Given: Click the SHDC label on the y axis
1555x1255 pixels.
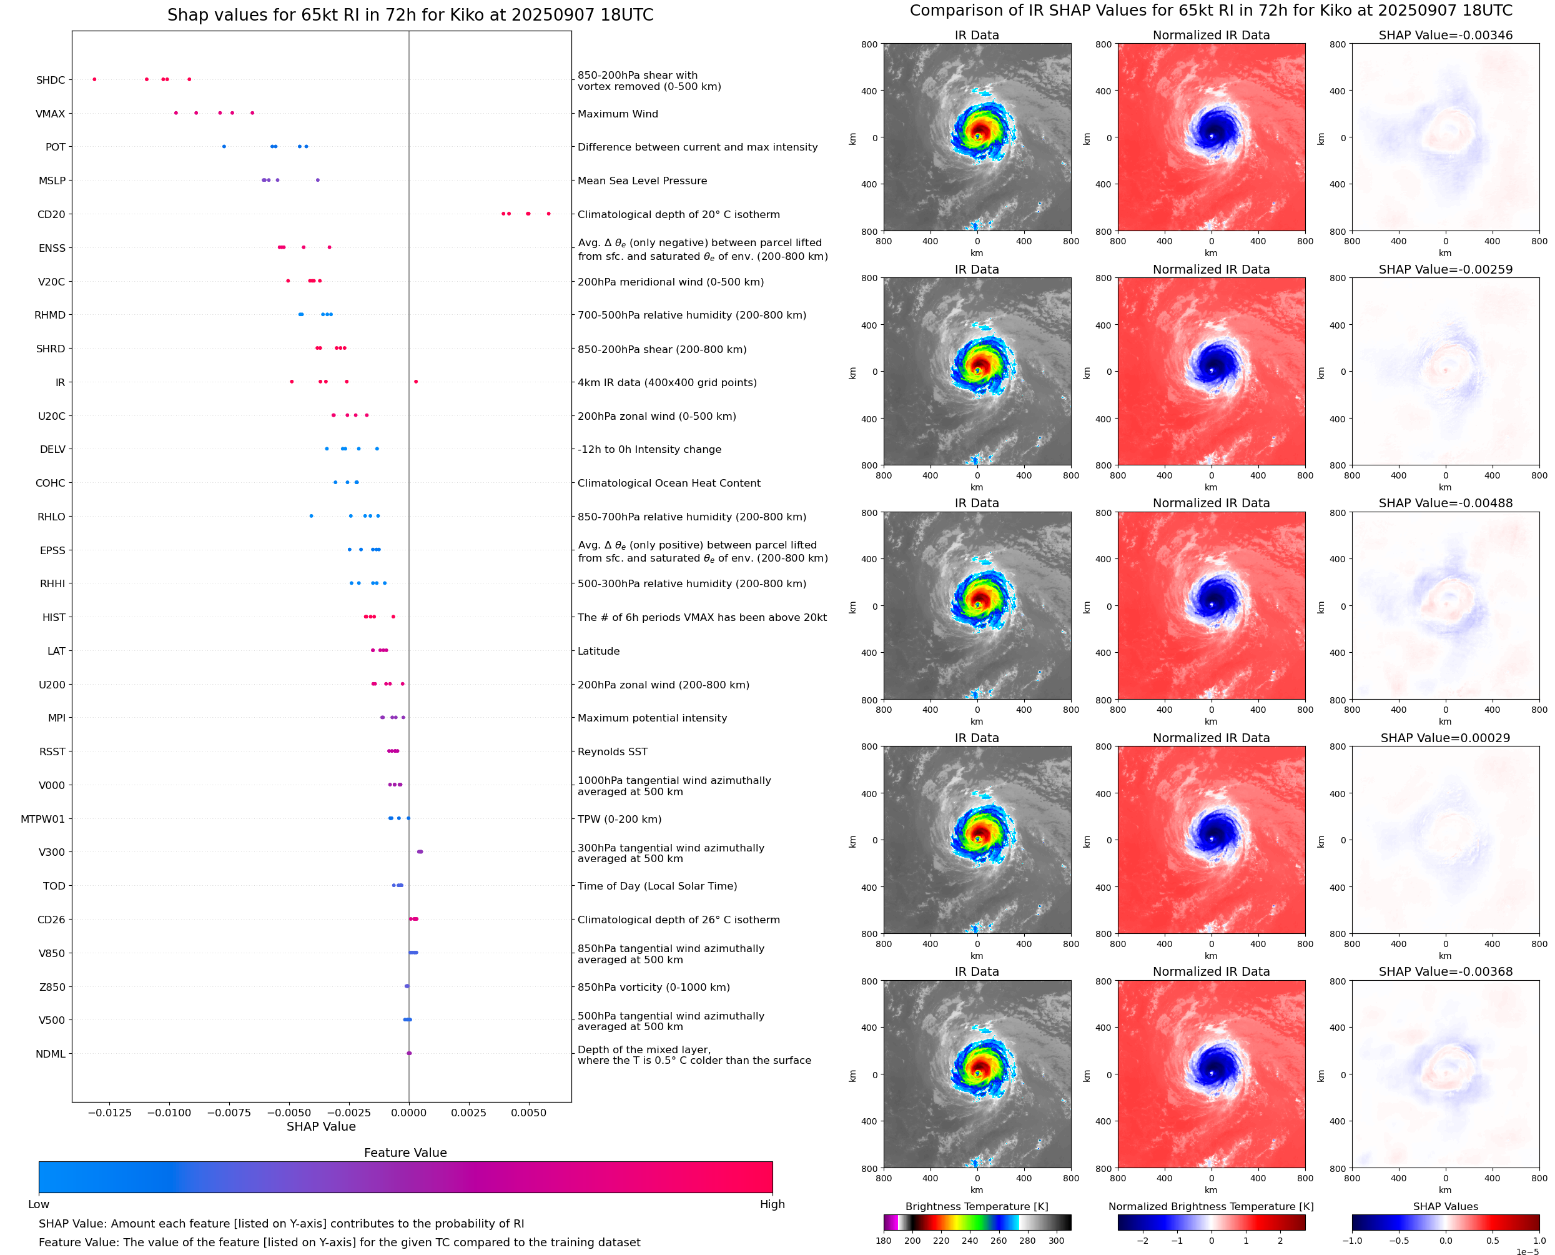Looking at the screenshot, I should coord(51,80).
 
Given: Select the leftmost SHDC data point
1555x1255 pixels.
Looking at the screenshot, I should coord(95,79).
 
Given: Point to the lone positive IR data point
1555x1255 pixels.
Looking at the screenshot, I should coord(415,382).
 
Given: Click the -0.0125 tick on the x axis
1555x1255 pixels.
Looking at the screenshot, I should coord(109,1113).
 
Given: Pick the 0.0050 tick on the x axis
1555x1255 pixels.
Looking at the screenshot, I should coord(528,1113).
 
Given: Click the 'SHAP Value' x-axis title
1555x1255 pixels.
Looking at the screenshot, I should coord(321,1126).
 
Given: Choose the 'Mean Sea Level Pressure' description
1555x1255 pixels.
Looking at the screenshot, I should coord(641,181).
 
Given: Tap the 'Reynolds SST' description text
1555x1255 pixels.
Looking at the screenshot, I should coord(612,752).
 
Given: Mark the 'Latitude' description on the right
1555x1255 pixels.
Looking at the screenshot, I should coord(598,652).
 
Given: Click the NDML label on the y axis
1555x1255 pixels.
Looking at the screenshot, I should coord(51,1054).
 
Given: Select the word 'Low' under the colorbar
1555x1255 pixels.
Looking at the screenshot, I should coord(38,1204).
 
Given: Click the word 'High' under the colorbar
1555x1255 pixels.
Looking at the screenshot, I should coord(772,1204).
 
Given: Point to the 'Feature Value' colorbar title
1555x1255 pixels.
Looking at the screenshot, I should coord(405,1153).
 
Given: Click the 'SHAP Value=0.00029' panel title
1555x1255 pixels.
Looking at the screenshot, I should coord(1445,738).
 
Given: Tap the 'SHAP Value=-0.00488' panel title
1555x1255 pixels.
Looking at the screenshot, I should coord(1445,503).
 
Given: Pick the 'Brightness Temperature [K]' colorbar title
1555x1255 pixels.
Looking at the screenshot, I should coord(976,1206).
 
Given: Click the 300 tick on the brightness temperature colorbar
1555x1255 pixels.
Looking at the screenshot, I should coord(1057,1241).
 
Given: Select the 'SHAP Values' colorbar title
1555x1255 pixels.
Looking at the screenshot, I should coord(1445,1206).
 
